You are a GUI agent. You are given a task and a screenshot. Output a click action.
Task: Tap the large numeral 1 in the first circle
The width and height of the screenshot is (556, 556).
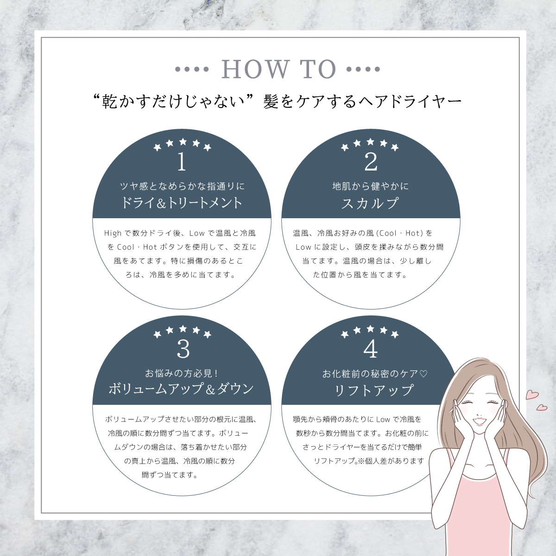click(x=182, y=162)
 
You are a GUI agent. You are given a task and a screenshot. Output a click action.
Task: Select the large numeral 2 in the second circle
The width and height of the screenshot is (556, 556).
click(x=371, y=162)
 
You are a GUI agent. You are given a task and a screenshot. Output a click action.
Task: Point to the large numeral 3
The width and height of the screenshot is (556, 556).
click(x=183, y=349)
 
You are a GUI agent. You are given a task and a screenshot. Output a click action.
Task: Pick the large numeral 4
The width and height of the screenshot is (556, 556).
click(x=371, y=349)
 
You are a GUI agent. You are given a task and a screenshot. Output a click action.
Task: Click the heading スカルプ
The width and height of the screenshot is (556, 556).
click(x=370, y=203)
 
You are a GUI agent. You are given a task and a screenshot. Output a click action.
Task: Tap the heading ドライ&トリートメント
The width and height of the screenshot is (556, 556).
click(x=182, y=203)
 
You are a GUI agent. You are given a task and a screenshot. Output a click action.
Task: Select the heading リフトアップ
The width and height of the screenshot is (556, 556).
click(x=373, y=391)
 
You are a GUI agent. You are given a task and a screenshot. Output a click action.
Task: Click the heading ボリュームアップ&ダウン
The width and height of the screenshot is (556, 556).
click(x=181, y=389)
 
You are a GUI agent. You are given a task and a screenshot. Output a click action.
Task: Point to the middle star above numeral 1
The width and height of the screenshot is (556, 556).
click(x=183, y=142)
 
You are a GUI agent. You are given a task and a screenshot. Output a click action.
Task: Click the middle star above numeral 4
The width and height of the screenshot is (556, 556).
click(x=370, y=329)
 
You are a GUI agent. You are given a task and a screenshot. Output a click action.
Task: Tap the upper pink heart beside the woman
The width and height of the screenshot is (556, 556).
click(x=532, y=394)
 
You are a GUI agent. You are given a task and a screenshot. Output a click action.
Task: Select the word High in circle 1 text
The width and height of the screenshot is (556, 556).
click(x=113, y=233)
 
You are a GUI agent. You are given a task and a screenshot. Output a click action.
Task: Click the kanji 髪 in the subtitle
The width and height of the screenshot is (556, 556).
click(x=271, y=101)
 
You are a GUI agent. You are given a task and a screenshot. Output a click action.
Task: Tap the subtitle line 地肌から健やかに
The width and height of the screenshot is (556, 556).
click(x=371, y=186)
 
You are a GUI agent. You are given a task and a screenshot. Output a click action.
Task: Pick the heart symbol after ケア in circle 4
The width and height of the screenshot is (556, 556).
click(x=423, y=374)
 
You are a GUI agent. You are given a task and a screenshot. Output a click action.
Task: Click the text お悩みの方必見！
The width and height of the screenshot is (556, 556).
click(x=182, y=373)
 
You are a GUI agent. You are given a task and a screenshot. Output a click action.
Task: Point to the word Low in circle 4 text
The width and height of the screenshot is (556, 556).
click(x=383, y=419)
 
